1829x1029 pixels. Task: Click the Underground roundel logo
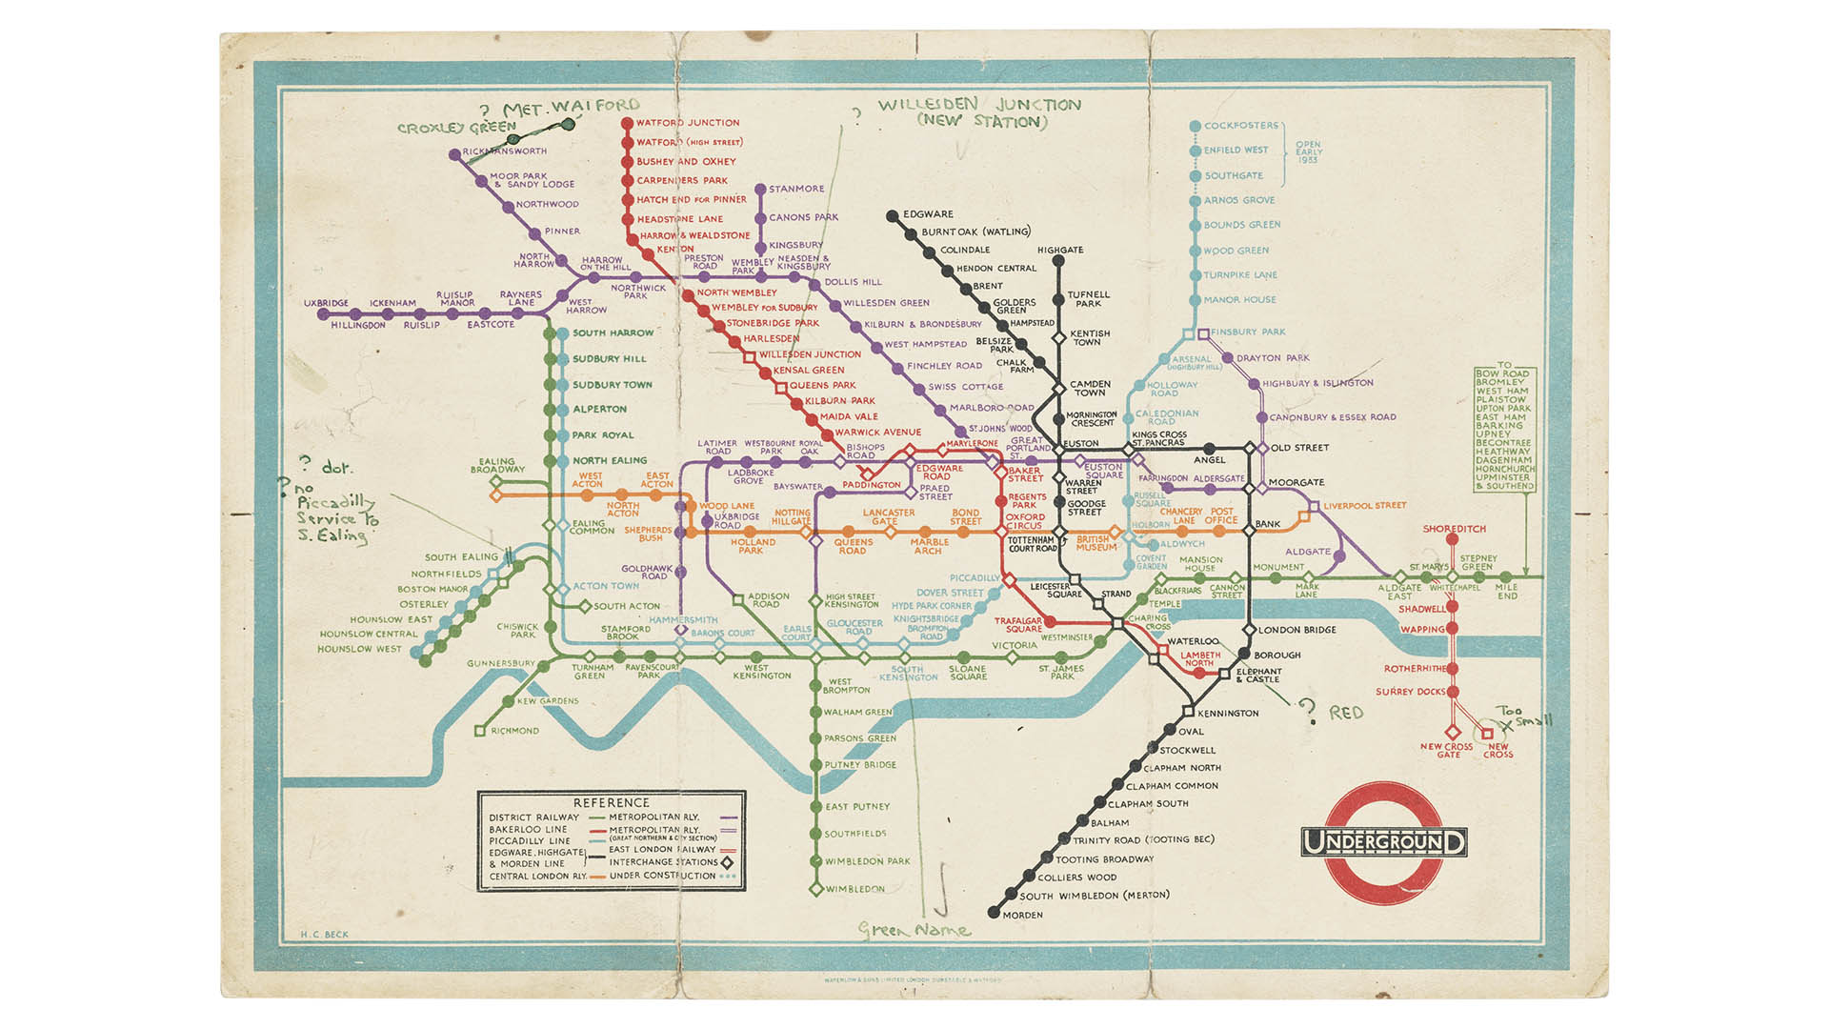pos(1383,843)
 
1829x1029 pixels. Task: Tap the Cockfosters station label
pos(1241,126)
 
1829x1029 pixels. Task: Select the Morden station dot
pos(994,913)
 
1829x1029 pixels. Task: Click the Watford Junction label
pos(687,123)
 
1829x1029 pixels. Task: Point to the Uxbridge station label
pos(326,303)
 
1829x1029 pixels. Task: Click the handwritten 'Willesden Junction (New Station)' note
pos(979,112)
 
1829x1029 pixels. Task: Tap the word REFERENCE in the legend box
pos(611,802)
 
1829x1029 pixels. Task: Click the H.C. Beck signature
pos(324,935)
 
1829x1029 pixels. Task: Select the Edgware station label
pos(928,214)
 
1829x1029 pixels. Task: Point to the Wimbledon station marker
pos(815,889)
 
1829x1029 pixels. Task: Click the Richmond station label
pos(514,731)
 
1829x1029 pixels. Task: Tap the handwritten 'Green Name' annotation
pos(914,930)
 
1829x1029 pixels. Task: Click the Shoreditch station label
pos(1454,529)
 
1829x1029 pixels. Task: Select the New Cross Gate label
pos(1446,751)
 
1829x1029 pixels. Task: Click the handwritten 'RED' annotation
pos(1346,713)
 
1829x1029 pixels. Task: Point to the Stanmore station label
pos(796,189)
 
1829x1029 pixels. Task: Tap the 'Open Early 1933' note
pos(1308,151)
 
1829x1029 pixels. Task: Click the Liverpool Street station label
pos(1364,506)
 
